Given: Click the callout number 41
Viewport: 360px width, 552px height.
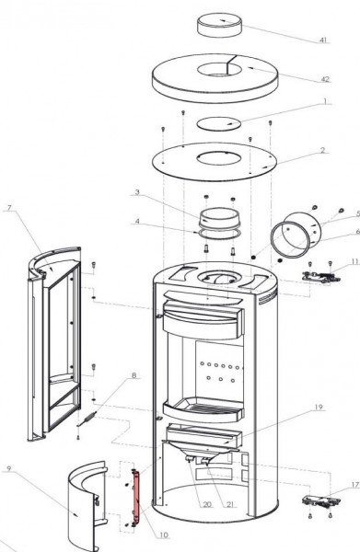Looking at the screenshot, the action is point(323,40).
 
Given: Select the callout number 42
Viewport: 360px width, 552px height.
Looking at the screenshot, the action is point(325,79).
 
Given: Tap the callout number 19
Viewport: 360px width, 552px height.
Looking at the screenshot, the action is point(318,408).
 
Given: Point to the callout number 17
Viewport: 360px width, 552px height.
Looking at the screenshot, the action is point(354,485).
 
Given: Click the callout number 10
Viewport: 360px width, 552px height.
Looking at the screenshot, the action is point(164,535).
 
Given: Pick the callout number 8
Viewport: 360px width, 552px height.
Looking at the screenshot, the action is point(134,375).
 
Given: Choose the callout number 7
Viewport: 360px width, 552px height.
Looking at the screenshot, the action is point(9,207).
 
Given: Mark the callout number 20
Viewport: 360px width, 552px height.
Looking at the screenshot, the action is point(207,504).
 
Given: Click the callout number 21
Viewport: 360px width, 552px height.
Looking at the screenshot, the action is point(230,504).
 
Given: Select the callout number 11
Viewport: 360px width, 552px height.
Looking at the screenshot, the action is point(354,261).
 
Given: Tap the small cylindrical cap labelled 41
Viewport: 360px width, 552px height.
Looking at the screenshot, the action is point(219,25).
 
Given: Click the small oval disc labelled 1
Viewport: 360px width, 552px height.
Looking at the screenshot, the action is point(219,123).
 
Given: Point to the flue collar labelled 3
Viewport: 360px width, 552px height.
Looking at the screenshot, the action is point(219,218).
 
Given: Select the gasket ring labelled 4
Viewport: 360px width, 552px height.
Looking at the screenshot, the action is point(219,234).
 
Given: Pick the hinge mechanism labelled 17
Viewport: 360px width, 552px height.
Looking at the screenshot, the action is point(321,501).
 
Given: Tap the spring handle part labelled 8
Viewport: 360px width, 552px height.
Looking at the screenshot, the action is point(87,419).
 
